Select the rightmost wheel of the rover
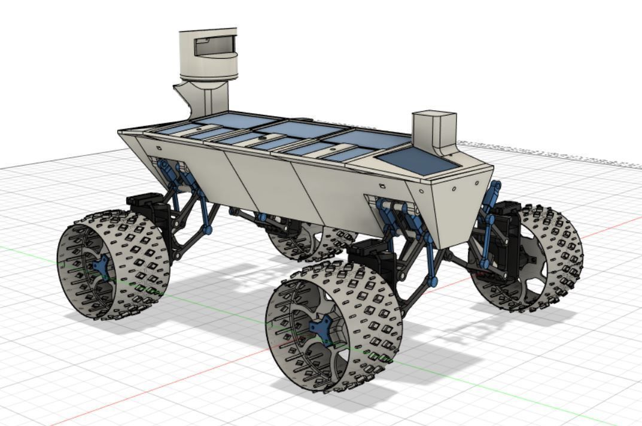pos(530,257)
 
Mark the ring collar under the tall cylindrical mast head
pos(209,78)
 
